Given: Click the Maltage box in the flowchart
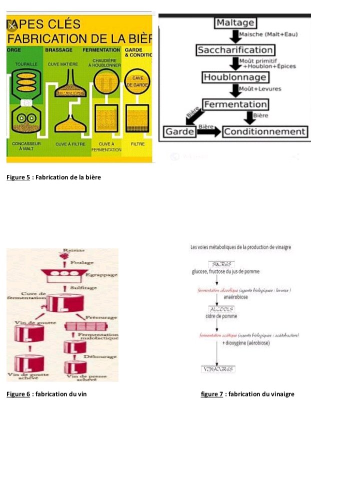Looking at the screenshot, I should pyautogui.click(x=235, y=22).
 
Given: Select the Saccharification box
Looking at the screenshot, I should pyautogui.click(x=235, y=50).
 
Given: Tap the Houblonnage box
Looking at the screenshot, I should pyautogui.click(x=235, y=77).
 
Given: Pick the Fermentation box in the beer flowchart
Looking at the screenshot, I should pyautogui.click(x=235, y=104).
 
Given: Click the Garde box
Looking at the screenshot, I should pyautogui.click(x=179, y=132).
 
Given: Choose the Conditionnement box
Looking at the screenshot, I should pyautogui.click(x=265, y=132).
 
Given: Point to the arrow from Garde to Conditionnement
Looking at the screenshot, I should pyautogui.click(x=208, y=132).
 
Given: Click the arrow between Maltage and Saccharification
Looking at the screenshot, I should pyautogui.click(x=235, y=36).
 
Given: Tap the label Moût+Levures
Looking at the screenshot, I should pyautogui.click(x=260, y=89).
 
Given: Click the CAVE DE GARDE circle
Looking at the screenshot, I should pyautogui.click(x=134, y=82).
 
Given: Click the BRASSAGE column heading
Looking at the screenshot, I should pyautogui.click(x=59, y=50).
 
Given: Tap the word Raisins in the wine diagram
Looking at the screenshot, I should pyautogui.click(x=73, y=250).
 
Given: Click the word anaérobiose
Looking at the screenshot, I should pyautogui.click(x=230, y=297).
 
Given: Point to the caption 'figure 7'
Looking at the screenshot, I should pyautogui.click(x=211, y=394).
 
